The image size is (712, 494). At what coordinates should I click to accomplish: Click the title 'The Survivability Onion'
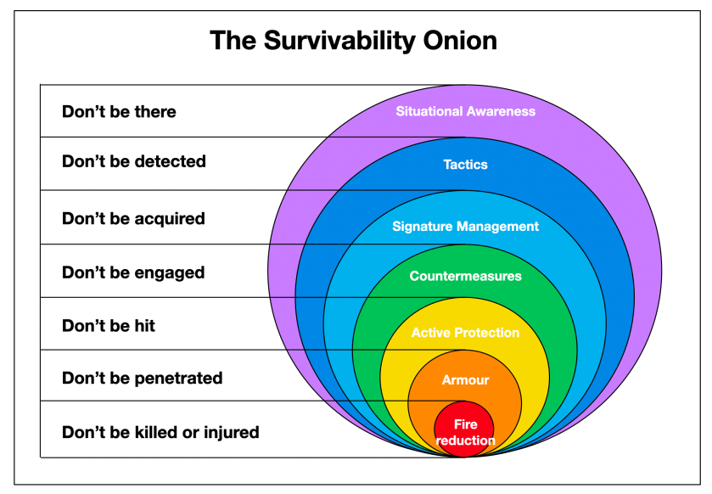[353, 41]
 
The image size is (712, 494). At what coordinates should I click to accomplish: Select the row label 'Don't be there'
[119, 112]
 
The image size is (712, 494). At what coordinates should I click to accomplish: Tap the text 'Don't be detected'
[134, 161]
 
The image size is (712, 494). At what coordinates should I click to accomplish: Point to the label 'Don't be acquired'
[133, 219]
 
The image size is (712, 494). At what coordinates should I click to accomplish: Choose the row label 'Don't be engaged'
[133, 272]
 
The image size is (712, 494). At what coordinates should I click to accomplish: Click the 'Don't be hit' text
[109, 326]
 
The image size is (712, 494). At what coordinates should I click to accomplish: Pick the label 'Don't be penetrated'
[142, 379]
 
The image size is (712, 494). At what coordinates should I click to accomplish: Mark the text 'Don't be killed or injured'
[160, 432]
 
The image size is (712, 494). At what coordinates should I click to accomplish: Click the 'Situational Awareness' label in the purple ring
[465, 111]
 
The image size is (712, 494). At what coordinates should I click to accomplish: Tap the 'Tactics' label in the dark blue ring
[465, 165]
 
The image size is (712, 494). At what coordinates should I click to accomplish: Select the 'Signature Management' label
[465, 227]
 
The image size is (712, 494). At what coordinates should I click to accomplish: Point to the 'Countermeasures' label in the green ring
[465, 276]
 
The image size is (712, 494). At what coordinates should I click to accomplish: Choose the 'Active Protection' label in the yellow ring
[465, 333]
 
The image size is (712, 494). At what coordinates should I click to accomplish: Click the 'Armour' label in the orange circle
[465, 380]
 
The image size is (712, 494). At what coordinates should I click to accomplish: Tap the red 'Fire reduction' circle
[464, 429]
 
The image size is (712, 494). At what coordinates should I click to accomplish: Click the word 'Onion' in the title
[460, 41]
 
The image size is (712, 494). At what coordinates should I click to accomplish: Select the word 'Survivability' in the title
[339, 41]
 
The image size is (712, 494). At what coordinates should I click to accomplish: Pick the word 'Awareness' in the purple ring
[501, 111]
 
